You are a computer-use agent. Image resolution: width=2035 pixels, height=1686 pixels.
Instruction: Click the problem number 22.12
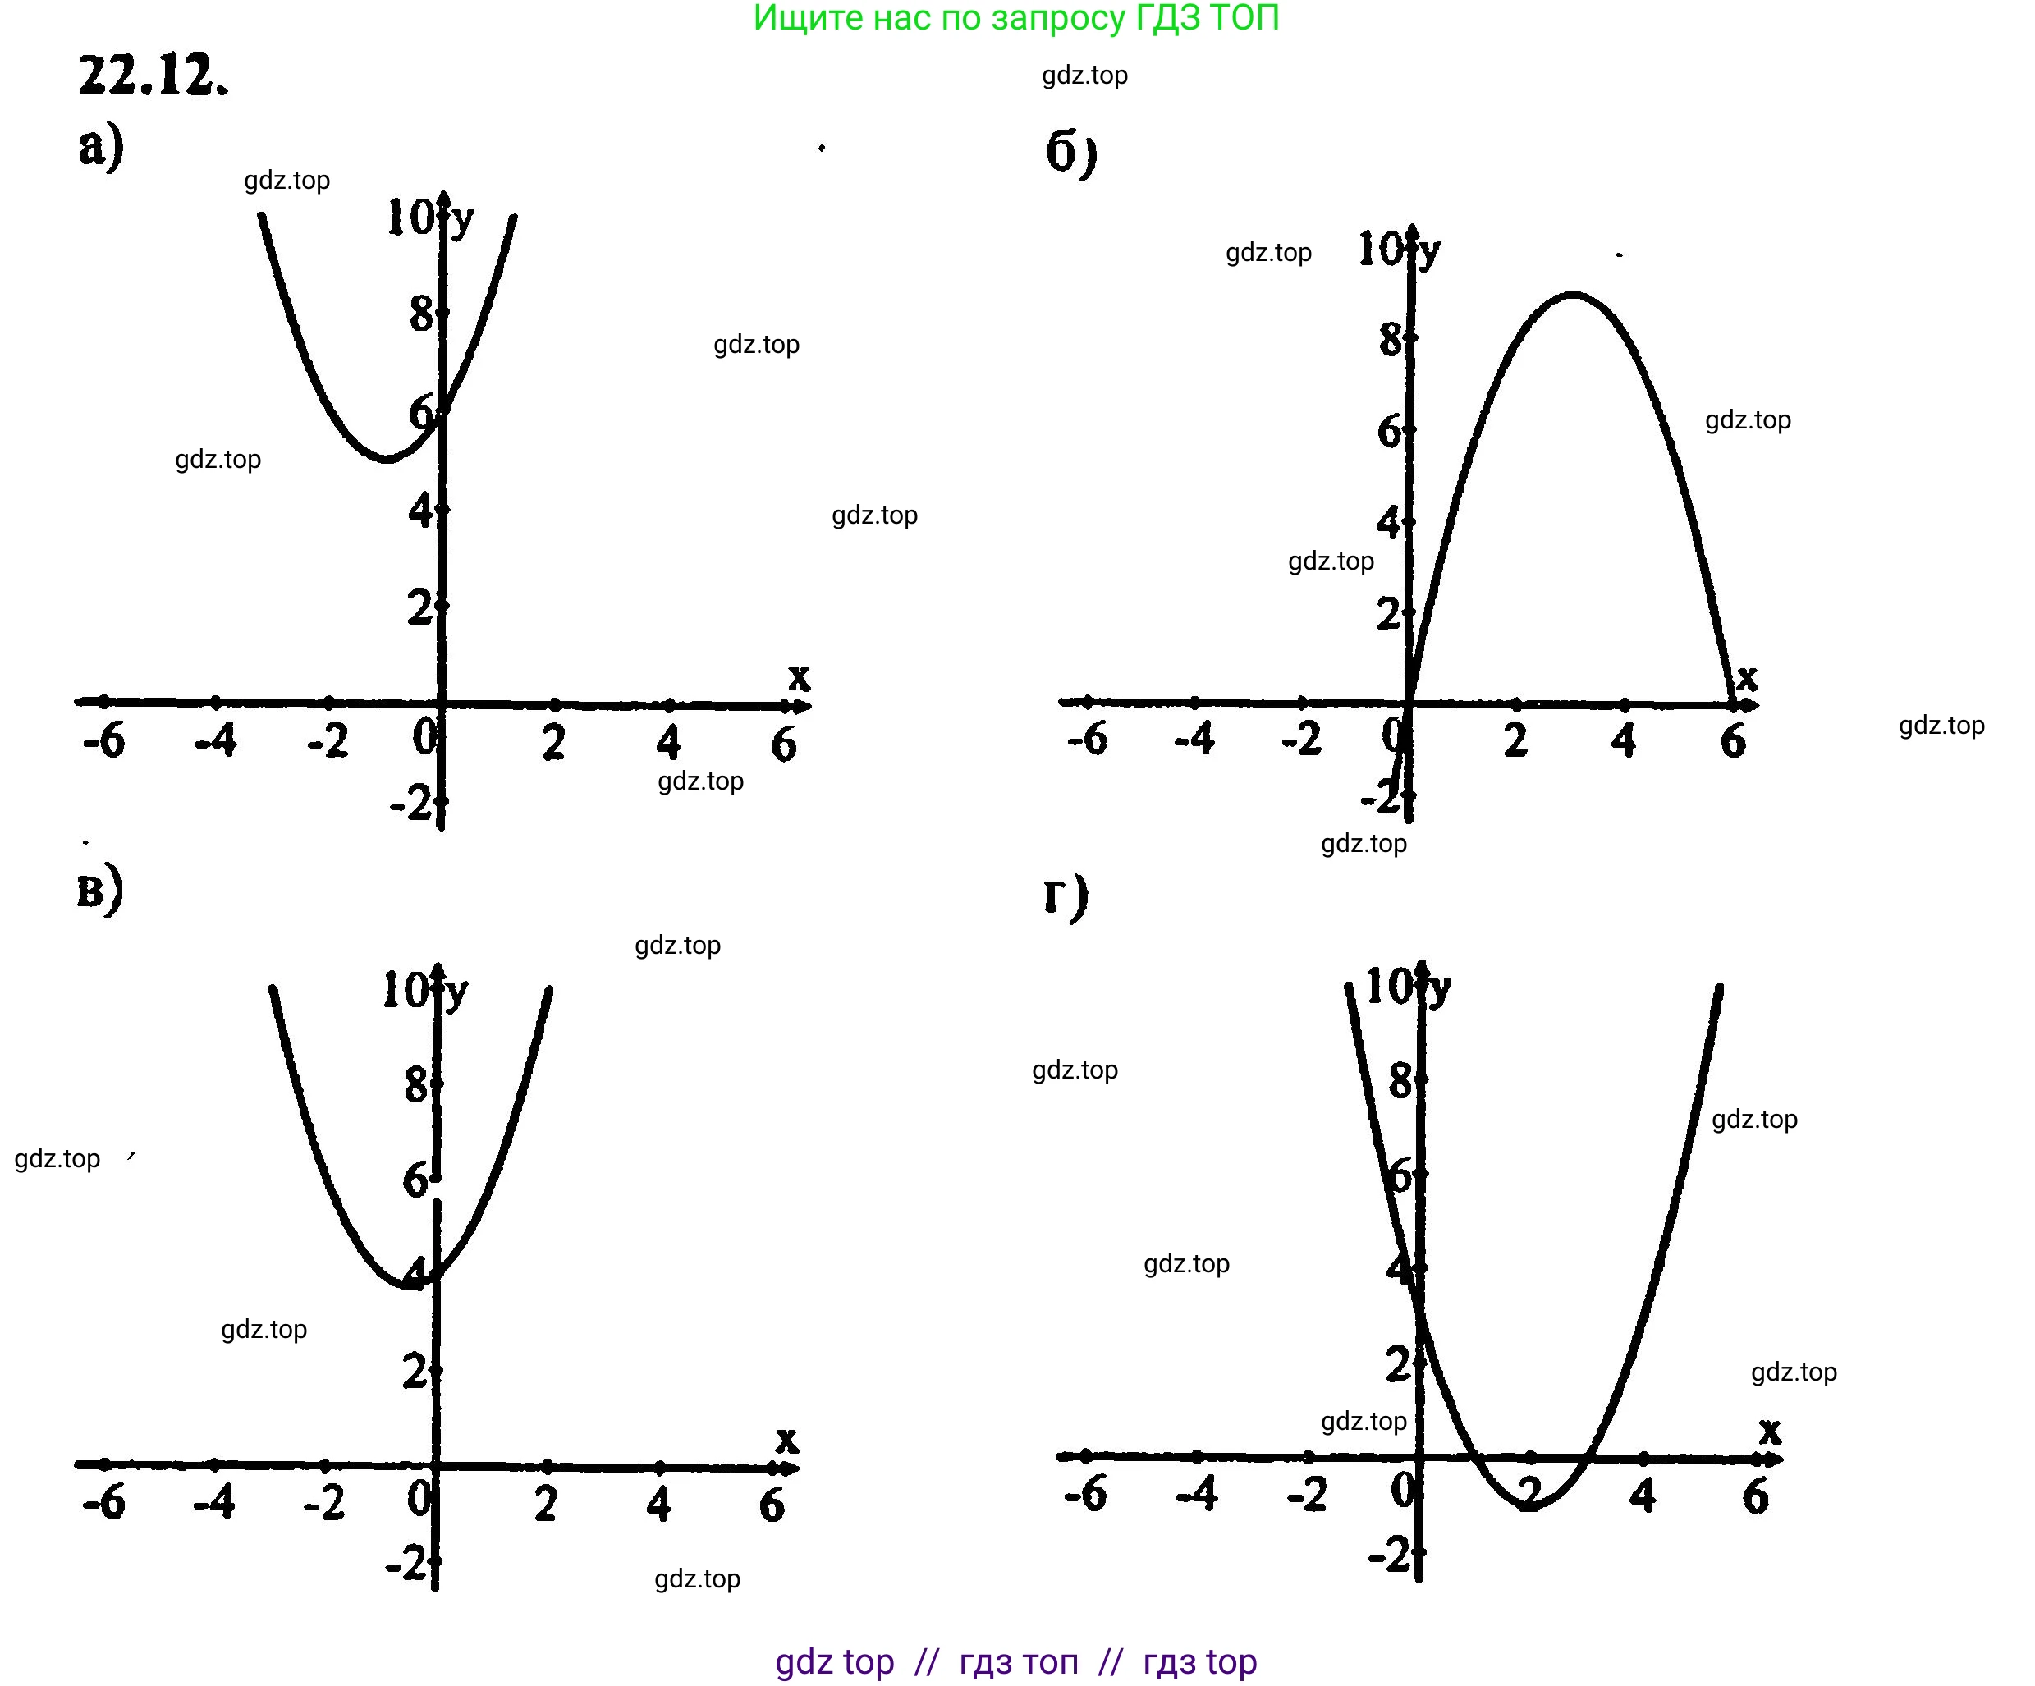coord(154,75)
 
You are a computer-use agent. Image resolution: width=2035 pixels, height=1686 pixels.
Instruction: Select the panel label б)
coord(1070,153)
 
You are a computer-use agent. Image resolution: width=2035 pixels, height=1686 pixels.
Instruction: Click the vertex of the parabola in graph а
coord(387,458)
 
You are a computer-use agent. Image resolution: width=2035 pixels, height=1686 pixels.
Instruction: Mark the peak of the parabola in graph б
coord(1573,294)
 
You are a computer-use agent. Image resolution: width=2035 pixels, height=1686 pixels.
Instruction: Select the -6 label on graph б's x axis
coord(1087,740)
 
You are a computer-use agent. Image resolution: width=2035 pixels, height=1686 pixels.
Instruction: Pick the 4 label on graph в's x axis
coord(659,1504)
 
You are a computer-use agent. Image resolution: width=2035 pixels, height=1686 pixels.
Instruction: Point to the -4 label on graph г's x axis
coord(1197,1494)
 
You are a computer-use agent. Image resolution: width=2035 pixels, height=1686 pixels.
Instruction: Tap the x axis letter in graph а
coord(799,676)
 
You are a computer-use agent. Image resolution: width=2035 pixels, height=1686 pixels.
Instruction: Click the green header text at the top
coord(1015,17)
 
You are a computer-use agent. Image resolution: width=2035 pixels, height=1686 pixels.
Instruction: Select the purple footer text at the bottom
coord(1015,1661)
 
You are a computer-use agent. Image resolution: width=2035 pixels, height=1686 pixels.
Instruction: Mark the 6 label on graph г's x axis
coord(1755,1497)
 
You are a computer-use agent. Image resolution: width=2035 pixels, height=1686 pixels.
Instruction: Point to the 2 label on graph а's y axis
coord(419,607)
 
